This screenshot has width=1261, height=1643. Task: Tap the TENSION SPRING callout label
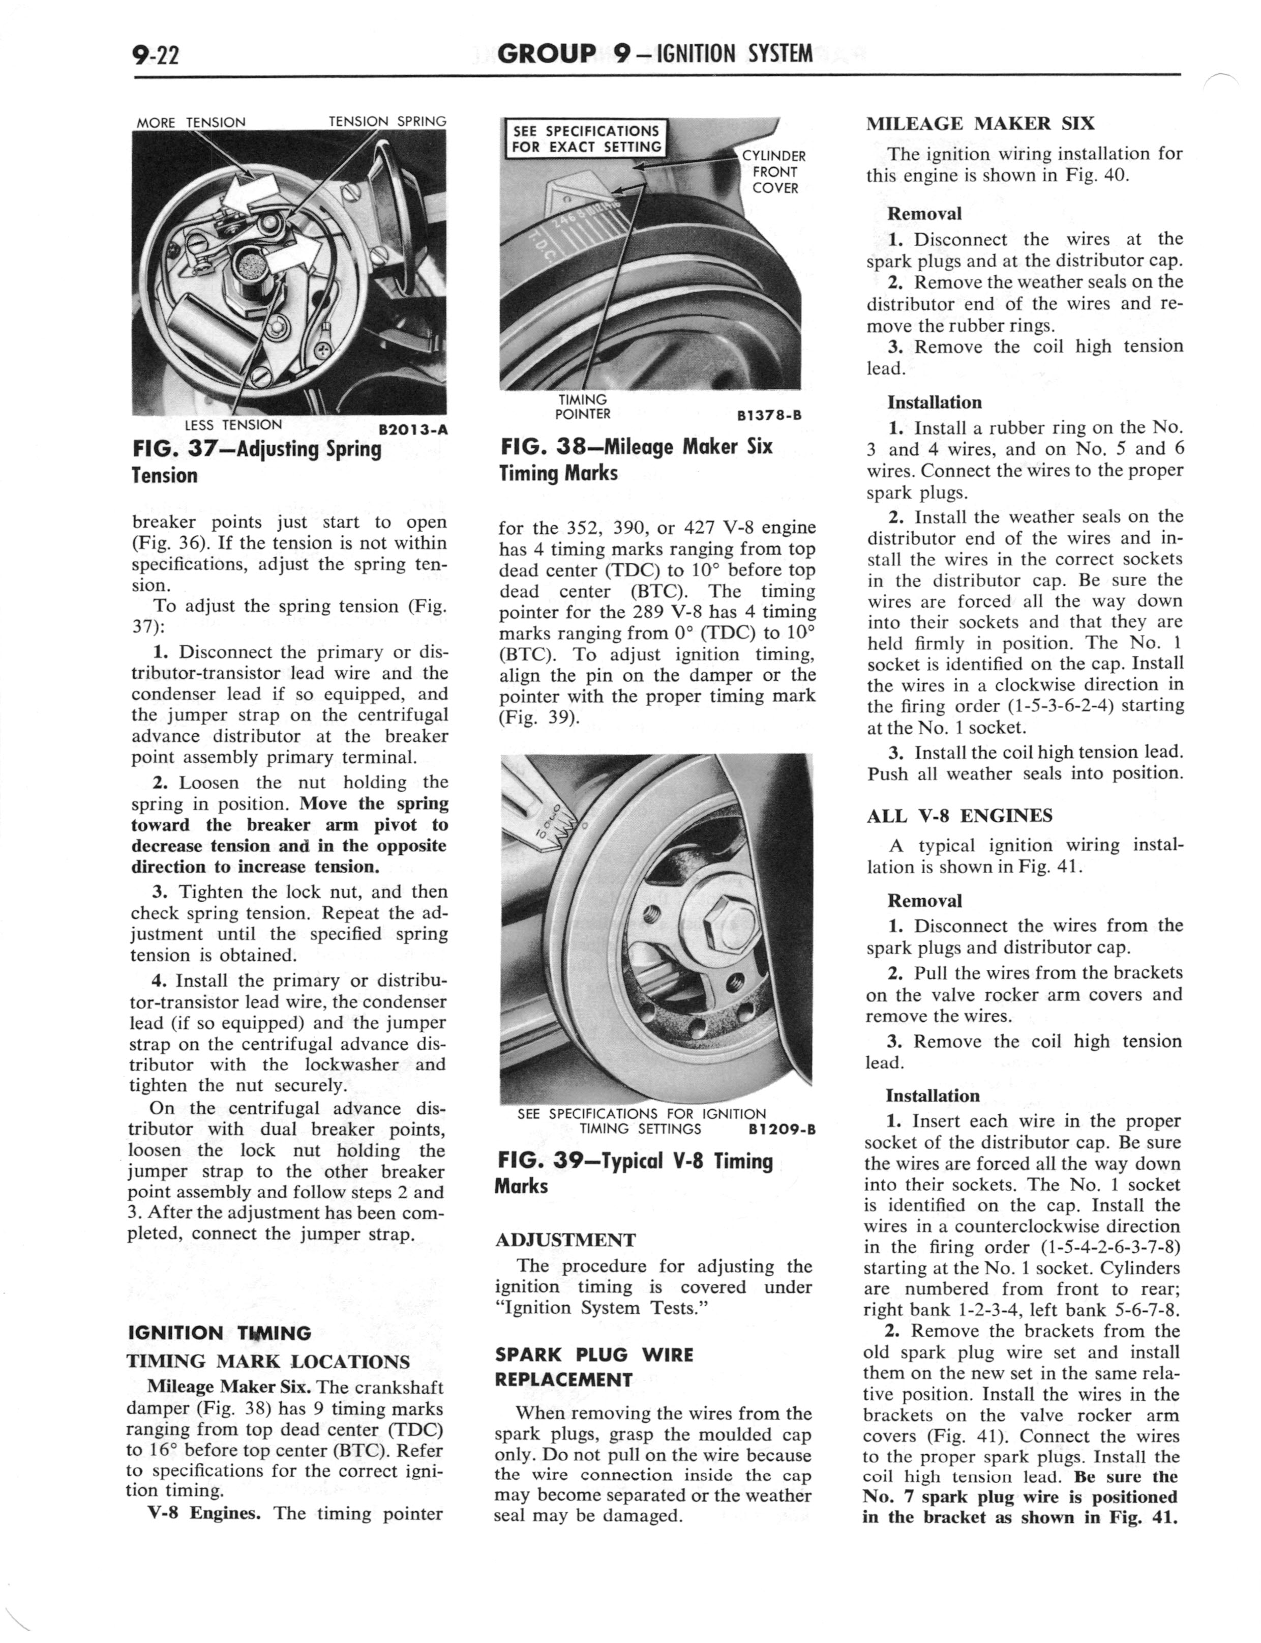(387, 122)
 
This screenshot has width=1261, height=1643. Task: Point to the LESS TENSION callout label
(233, 424)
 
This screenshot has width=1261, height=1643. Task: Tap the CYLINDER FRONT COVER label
(774, 172)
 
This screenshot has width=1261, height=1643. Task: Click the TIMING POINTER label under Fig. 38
(583, 407)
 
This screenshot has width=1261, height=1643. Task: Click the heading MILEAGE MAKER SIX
(980, 124)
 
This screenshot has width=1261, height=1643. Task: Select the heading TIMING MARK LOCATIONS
(268, 1362)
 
